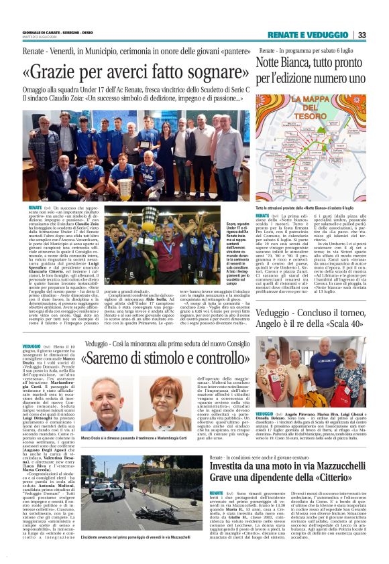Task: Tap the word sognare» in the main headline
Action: point(206,72)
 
